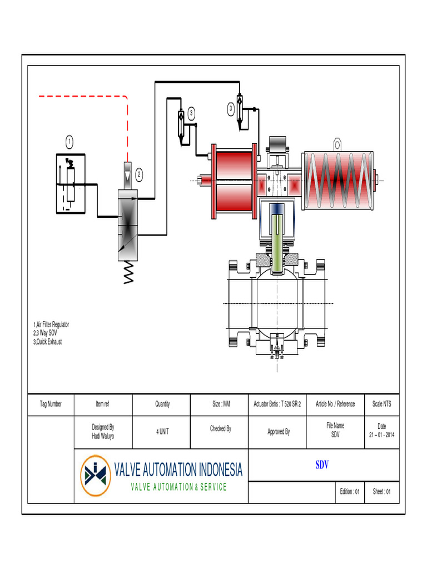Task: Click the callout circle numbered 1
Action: (x=69, y=141)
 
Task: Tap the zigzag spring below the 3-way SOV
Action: (x=129, y=273)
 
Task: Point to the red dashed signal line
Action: (x=83, y=96)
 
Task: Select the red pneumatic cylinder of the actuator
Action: (x=234, y=181)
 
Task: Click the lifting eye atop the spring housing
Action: (x=337, y=144)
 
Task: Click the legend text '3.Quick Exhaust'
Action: (x=47, y=342)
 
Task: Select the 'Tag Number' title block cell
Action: (x=51, y=404)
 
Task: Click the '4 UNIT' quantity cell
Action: (x=162, y=432)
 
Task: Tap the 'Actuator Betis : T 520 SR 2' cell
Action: (x=277, y=404)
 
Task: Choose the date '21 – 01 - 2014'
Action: (x=381, y=436)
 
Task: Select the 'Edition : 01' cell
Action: (x=350, y=492)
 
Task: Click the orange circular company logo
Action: (x=95, y=476)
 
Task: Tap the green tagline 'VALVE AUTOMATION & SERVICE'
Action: (x=178, y=487)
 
